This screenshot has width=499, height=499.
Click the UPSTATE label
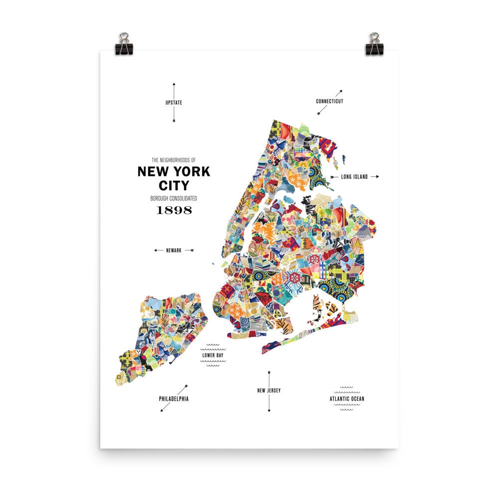(174, 103)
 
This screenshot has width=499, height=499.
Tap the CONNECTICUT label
(329, 101)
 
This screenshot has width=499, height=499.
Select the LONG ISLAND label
(354, 177)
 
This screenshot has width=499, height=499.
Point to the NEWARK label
(174, 250)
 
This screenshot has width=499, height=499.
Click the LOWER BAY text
(213, 356)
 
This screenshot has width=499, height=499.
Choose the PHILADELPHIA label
(174, 399)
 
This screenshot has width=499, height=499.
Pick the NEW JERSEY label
(269, 390)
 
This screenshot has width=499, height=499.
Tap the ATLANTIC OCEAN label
(347, 399)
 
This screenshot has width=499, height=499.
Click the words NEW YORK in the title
(174, 172)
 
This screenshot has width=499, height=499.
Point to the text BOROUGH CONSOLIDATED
(174, 198)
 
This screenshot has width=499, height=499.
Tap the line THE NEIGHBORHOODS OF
(174, 160)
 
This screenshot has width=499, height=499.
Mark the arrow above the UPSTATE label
(174, 90)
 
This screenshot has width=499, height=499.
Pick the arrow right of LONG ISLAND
(375, 177)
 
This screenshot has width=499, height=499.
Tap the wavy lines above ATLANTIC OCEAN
(347, 387)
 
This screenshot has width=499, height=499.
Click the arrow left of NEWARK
(158, 250)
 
